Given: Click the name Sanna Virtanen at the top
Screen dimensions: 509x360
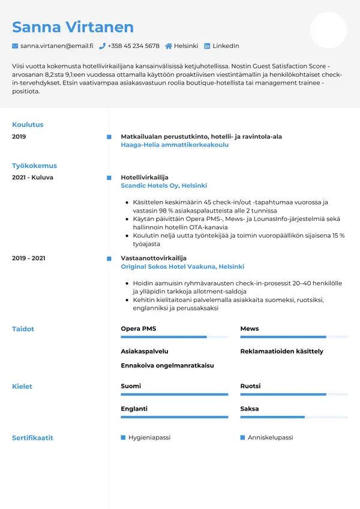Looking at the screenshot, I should tap(73, 27).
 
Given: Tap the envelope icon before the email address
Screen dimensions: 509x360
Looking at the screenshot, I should tap(15, 46).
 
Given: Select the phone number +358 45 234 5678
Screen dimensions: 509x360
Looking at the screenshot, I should tap(134, 46).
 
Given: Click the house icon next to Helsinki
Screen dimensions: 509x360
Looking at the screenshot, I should tap(169, 46).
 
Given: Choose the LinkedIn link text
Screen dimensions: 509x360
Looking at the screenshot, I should tap(226, 46).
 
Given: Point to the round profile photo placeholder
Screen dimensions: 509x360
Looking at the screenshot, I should tap(328, 30).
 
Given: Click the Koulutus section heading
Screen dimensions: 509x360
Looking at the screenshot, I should tap(28, 125).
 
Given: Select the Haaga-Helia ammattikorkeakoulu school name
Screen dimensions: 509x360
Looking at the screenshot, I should tap(175, 145).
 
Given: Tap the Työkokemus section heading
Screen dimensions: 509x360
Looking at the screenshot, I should tap(34, 166).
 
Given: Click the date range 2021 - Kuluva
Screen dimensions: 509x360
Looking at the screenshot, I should tap(32, 178).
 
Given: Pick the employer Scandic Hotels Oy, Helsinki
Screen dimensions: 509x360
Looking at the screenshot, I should tap(164, 186).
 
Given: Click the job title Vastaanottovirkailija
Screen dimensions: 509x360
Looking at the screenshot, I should tap(154, 258).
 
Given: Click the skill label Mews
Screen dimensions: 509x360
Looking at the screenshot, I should tap(250, 329).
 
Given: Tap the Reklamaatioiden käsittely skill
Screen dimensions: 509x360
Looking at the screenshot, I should tap(281, 351).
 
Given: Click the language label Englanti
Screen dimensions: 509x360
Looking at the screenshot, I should tap(134, 409).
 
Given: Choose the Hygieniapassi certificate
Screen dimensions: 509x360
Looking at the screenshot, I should tap(149, 438).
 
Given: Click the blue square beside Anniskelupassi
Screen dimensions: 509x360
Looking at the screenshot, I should tap(243, 438).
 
